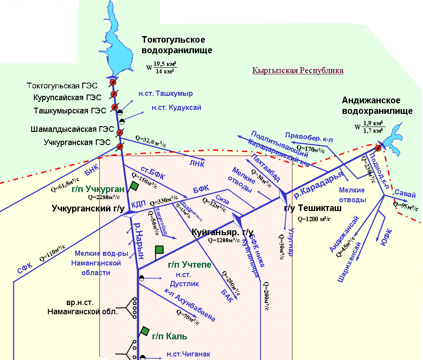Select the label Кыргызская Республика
point(298,70)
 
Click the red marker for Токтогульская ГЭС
point(113,83)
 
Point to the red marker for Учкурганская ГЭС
point(120,147)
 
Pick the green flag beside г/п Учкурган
point(134,186)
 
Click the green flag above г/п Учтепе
point(159,250)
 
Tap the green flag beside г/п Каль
point(145,331)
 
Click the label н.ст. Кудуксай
point(176,107)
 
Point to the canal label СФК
point(25,268)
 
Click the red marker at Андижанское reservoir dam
point(377,148)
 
